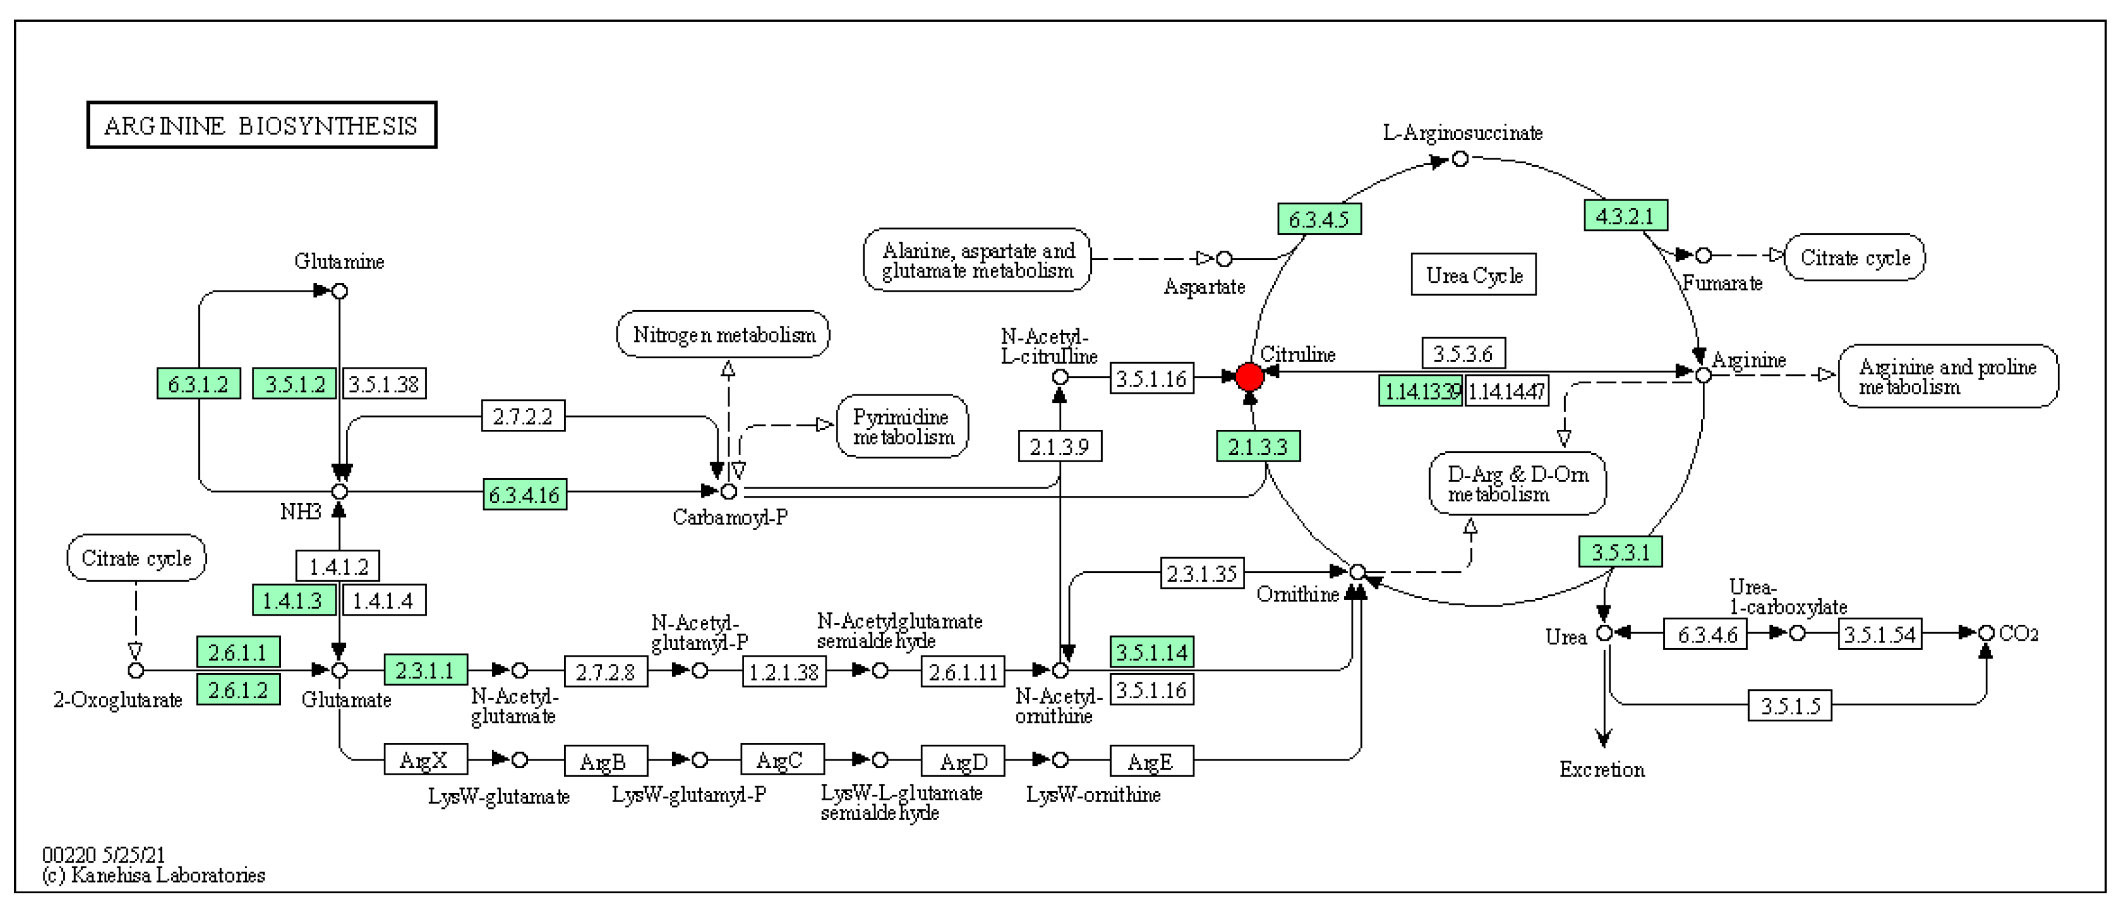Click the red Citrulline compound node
[x=1249, y=377]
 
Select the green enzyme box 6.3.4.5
[x=1319, y=219]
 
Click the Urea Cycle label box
[x=1473, y=275]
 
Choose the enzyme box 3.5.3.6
[x=1463, y=354]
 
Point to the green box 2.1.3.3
[x=1258, y=446]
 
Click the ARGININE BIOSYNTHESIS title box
[x=262, y=125]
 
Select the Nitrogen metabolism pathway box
[x=723, y=334]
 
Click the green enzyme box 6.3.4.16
[x=525, y=495]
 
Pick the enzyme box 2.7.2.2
[x=523, y=416]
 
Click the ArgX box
[x=425, y=760]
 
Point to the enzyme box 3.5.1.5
[x=1789, y=706]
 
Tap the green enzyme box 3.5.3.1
[x=1620, y=552]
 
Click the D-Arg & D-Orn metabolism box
[x=1517, y=484]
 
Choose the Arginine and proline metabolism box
[x=1948, y=376]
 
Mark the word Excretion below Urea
[x=1601, y=770]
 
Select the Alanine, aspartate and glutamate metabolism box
[x=977, y=260]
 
